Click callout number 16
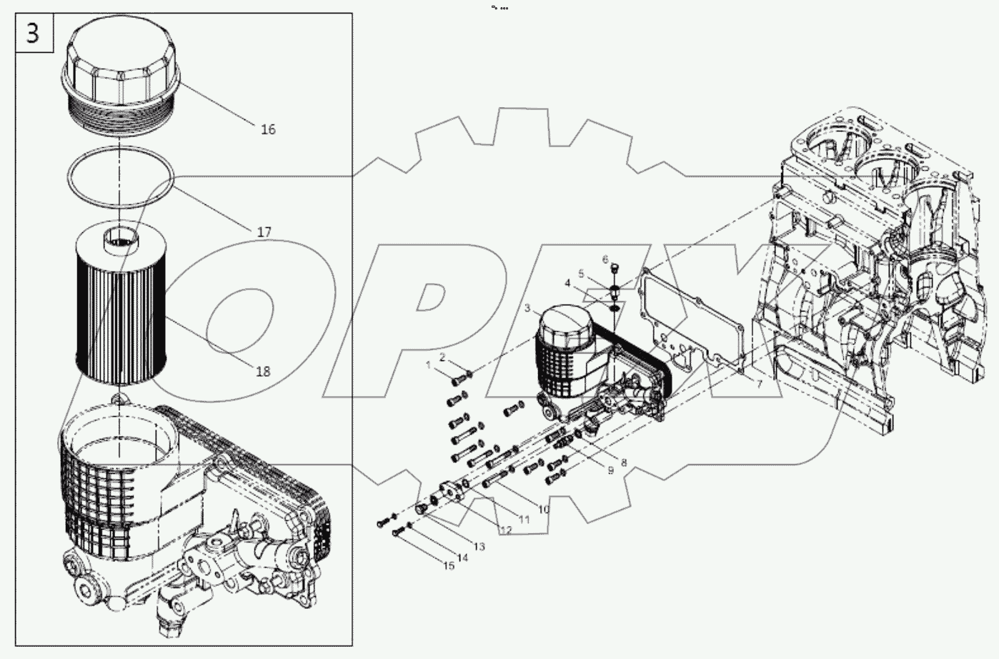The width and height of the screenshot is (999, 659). coord(268,129)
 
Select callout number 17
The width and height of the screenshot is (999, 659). coord(264,232)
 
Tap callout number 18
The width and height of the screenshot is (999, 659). coord(263,371)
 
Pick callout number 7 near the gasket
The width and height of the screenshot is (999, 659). coord(760,384)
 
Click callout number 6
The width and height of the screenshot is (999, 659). coord(605,259)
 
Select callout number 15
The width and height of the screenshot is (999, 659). coord(449,566)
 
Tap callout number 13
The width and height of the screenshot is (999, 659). coord(479,547)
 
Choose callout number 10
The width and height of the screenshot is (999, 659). coord(544,510)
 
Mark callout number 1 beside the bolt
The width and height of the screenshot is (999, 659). coord(429,365)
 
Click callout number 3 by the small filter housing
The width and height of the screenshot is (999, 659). coord(527,309)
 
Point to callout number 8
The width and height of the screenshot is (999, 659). coord(623,462)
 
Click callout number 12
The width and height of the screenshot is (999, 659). coord(506,530)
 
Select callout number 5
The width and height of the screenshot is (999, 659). coord(582,274)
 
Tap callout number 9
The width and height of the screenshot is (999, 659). coord(610,470)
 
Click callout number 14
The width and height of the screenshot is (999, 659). coord(463,558)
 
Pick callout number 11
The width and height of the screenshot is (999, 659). coord(525,520)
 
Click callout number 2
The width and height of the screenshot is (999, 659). coord(442,357)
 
